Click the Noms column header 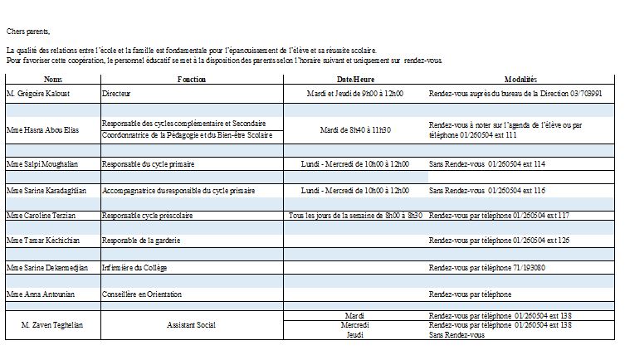[52, 79]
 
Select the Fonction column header [191, 79]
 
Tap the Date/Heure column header [354, 79]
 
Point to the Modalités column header [520, 79]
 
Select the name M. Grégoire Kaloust [38, 94]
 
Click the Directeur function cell [116, 94]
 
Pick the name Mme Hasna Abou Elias [42, 129]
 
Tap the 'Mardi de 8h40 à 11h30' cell [354, 129]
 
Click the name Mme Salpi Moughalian [42, 164]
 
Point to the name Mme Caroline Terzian [42, 215]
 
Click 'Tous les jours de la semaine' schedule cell [354, 215]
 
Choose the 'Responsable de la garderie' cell [140, 240]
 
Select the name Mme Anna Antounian [40, 294]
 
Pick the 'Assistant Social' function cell [191, 324]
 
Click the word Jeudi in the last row [354, 334]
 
